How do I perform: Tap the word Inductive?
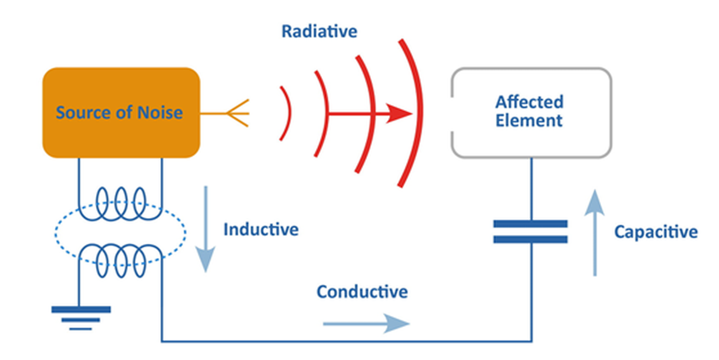pos(261,229)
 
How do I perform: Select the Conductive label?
pos(362,292)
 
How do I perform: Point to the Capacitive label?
pos(656,232)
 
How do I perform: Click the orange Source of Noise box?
pos(121,113)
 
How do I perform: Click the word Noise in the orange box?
pos(160,112)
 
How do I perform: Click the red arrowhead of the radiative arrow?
pos(399,113)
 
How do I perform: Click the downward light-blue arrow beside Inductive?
pos(206,229)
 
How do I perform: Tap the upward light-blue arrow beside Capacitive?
pos(594,233)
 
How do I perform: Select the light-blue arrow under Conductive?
pos(366,324)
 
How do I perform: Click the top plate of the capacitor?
pos(530,224)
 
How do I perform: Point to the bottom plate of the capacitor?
pos(530,239)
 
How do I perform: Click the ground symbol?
pos(81,318)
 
